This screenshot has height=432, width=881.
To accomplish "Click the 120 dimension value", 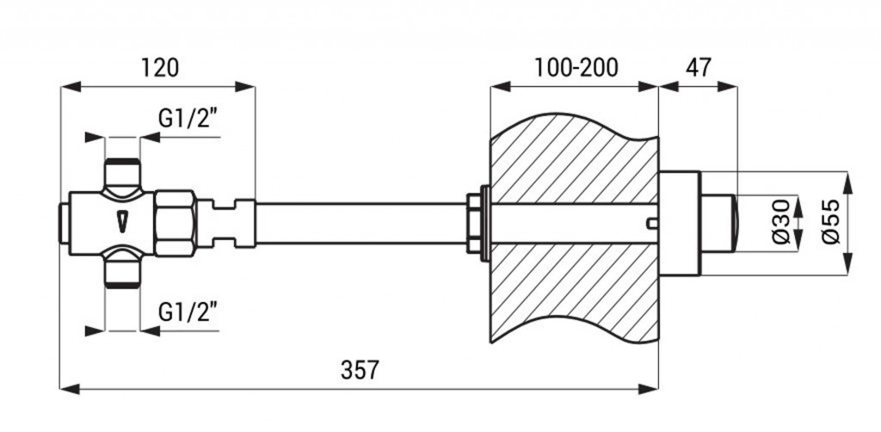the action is (159, 68).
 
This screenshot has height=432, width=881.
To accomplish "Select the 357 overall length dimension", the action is (360, 370).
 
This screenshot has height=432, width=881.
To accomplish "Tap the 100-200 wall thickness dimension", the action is (576, 68).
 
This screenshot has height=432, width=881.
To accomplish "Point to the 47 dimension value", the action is (699, 67).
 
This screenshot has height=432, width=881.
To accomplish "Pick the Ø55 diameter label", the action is (831, 222).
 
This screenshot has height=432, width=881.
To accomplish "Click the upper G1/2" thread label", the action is (188, 119).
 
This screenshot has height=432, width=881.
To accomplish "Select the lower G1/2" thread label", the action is (188, 312).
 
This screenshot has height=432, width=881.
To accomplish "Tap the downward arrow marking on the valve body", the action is (122, 221).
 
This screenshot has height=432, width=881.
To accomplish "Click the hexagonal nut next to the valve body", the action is (176, 224).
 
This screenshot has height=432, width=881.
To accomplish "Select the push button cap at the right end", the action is (719, 224).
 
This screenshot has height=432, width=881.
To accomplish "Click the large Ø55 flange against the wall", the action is (680, 224).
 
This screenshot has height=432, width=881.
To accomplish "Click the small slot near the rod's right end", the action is (652, 224).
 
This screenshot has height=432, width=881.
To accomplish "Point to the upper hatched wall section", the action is (573, 160).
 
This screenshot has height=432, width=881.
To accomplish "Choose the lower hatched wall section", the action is (573, 292).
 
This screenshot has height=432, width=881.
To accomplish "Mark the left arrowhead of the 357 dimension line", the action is (70, 389).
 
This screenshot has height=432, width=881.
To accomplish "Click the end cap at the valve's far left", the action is (65, 224).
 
